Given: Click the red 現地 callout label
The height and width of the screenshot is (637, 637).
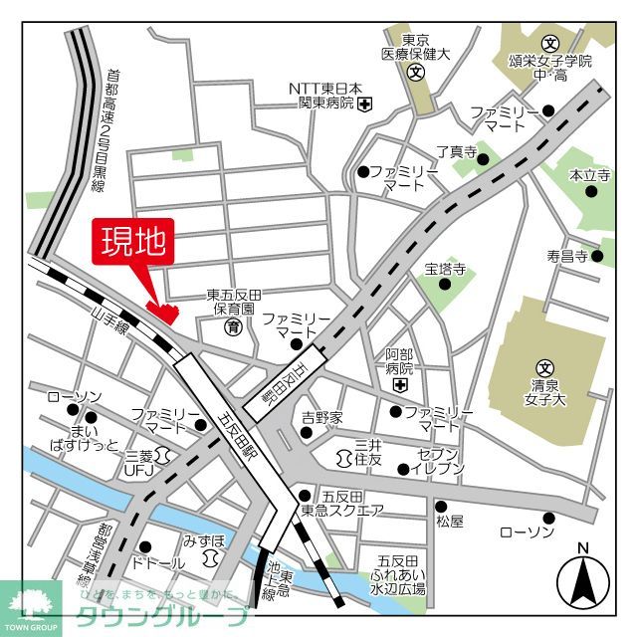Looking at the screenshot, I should click(133, 242).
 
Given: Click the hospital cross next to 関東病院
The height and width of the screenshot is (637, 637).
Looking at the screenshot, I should click(366, 104).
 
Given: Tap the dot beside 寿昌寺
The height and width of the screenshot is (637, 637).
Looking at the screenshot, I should click(597, 257).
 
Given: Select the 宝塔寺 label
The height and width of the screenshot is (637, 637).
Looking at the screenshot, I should click(444, 269).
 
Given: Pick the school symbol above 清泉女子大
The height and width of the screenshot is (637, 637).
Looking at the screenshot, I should click(543, 366).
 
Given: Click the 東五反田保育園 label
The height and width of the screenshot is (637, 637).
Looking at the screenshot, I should click(233, 302).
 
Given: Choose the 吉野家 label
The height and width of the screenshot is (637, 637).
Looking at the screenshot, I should click(321, 417).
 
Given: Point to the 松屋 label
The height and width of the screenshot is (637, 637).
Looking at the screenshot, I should click(449, 521).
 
